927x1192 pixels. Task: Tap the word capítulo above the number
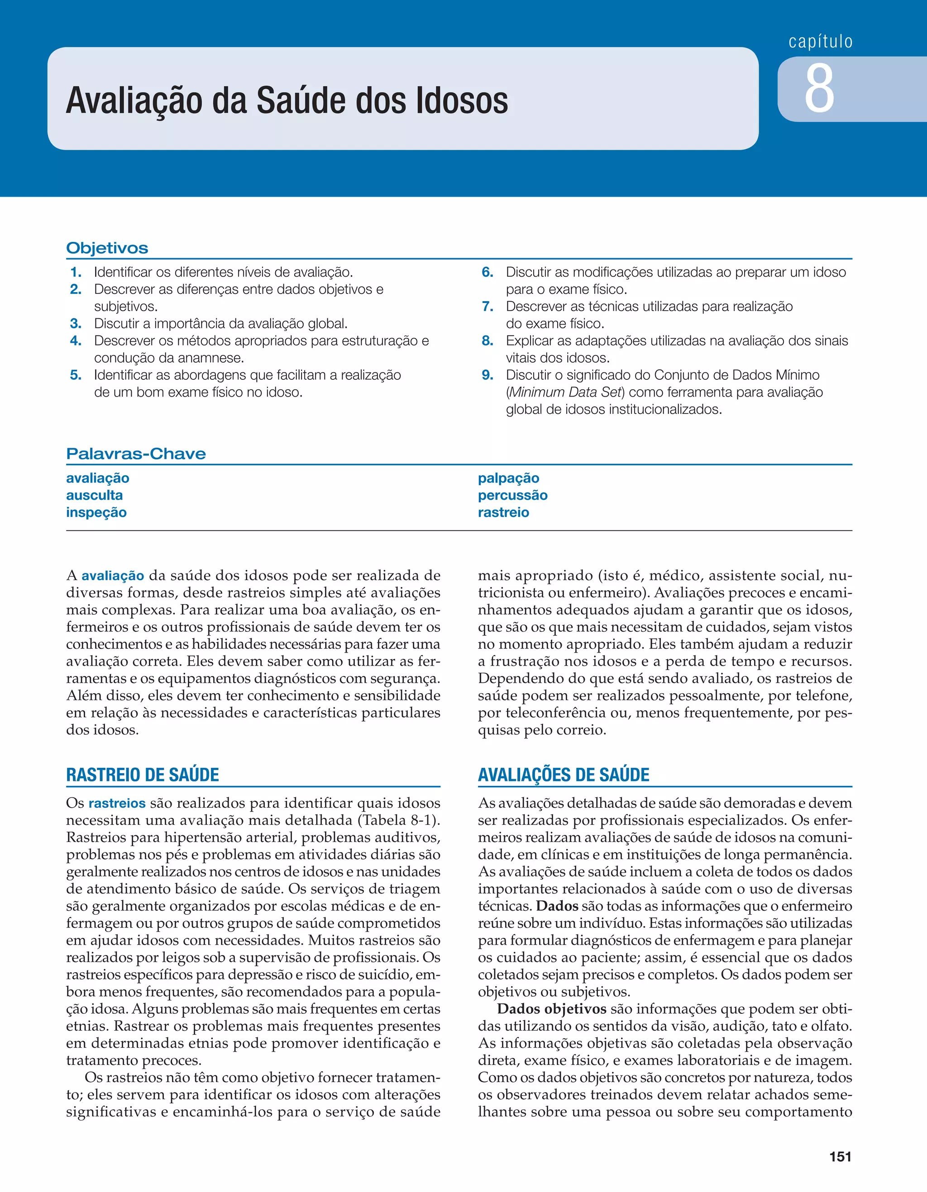(821, 42)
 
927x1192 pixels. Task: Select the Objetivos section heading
(107, 248)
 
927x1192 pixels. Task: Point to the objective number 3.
(76, 324)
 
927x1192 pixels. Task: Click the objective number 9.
(487, 375)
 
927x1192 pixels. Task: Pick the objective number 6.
(487, 272)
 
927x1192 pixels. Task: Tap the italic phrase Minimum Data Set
(566, 393)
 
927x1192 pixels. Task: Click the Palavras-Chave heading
(136, 454)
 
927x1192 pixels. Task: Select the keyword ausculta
(95, 495)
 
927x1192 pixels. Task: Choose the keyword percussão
(512, 495)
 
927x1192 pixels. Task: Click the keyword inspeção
(96, 512)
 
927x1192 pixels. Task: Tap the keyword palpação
(509, 478)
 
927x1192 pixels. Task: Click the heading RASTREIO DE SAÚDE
(143, 775)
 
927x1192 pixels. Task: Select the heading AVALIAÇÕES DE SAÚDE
(563, 775)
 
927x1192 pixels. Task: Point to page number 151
(840, 1157)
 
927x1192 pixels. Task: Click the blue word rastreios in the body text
(117, 804)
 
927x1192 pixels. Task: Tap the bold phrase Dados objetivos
(552, 1009)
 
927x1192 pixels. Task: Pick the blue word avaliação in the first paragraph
(113, 576)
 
